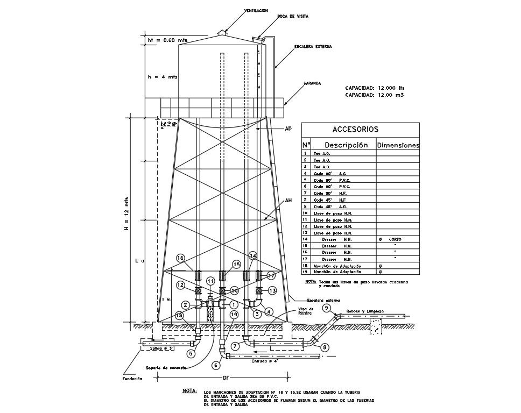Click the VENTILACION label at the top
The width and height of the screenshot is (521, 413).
pyautogui.click(x=256, y=10)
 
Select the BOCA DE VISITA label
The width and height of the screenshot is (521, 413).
pyautogui.click(x=293, y=17)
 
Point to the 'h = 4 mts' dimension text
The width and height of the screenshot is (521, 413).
pyautogui.click(x=163, y=77)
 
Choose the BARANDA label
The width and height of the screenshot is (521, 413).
pyautogui.click(x=312, y=83)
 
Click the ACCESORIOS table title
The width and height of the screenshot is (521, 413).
pyautogui.click(x=355, y=129)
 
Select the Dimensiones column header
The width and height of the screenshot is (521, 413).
pyautogui.click(x=398, y=145)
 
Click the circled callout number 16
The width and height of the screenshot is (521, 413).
pyautogui.click(x=181, y=258)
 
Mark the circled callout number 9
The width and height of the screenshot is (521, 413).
pyautogui.click(x=327, y=308)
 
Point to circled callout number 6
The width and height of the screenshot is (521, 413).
pyautogui.click(x=216, y=365)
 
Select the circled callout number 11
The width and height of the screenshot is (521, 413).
pyautogui.click(x=210, y=281)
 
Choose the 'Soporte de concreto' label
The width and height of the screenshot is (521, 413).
pyautogui.click(x=165, y=368)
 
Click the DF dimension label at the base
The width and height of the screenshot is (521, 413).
pyautogui.click(x=226, y=378)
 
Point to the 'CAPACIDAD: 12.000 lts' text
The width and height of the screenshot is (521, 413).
pyautogui.click(x=375, y=88)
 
